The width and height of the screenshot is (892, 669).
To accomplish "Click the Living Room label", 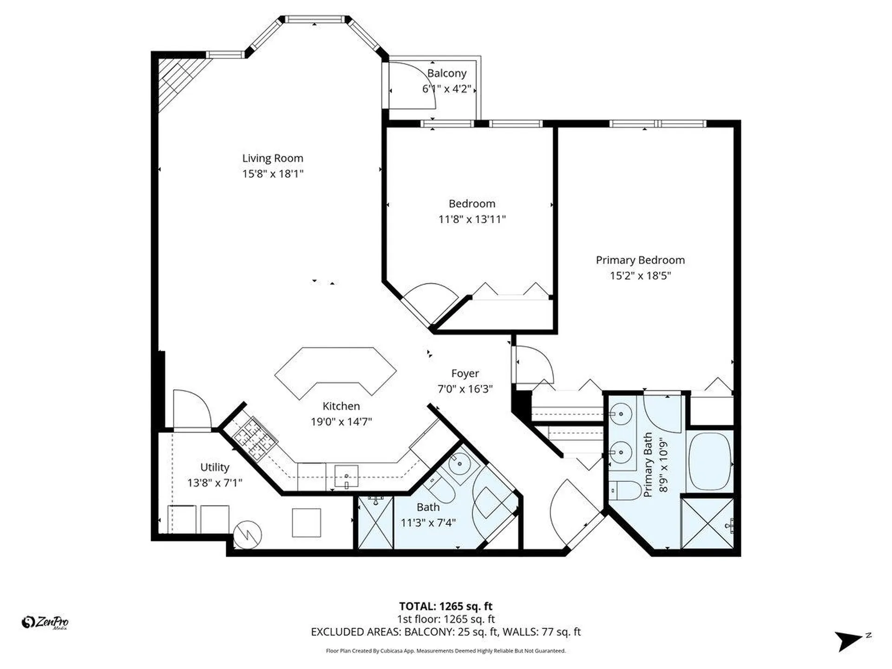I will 272,158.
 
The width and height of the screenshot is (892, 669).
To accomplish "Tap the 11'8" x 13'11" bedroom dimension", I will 472,219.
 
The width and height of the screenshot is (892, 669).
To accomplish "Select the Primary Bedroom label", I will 640,260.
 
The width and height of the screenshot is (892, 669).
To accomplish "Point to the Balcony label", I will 446,73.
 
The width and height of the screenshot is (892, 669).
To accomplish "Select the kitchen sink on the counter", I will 346,476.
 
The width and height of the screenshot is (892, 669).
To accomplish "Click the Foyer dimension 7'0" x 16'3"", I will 465,389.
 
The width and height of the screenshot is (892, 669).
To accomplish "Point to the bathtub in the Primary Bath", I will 709,461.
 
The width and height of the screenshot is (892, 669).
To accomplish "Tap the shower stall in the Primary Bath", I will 707,523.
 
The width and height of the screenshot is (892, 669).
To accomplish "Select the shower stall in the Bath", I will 375,523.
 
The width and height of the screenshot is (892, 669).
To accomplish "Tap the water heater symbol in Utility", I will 247,535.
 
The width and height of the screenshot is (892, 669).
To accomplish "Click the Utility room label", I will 215,467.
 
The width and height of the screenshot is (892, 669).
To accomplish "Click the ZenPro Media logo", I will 45,622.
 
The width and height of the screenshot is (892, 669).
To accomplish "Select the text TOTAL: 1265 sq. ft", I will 446,606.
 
